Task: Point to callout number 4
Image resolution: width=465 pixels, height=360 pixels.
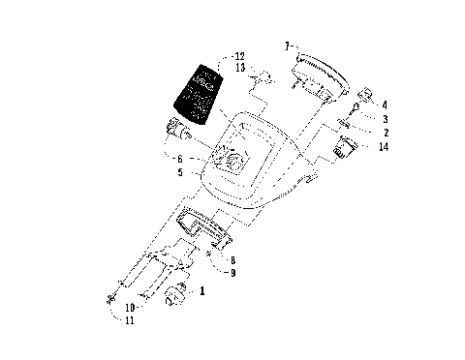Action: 385,104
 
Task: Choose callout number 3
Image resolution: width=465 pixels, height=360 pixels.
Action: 385,117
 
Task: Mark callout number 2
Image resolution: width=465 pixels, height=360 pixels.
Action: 385,132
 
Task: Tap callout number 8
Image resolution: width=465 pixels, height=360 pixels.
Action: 232,259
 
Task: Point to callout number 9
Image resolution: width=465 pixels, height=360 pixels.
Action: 232,272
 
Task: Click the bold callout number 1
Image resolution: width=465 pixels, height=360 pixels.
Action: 202,290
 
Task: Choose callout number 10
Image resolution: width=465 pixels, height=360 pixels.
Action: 130,308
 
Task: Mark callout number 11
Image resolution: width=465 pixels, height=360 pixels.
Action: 130,320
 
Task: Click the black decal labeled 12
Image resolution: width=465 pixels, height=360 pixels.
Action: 196,93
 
